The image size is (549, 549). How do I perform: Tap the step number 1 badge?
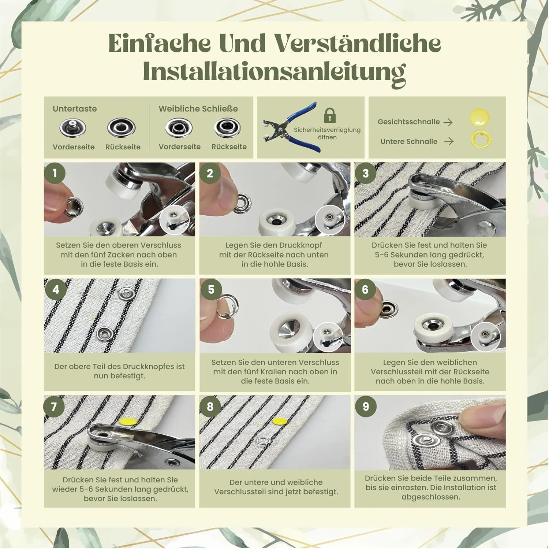[x=55, y=173]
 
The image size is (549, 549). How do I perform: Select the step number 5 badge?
[x=211, y=289]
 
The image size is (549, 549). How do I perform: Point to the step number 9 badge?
[x=366, y=406]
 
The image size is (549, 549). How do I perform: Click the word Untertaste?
[x=75, y=109]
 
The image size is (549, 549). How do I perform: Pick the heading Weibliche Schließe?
[x=198, y=109]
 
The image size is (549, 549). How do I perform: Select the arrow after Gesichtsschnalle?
[x=448, y=122]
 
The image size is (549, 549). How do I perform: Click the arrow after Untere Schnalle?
[x=449, y=141]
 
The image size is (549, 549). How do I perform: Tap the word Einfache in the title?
[x=160, y=43]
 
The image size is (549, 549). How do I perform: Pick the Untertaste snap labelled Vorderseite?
[x=73, y=128]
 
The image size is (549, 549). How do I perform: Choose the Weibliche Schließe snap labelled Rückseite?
[x=227, y=127]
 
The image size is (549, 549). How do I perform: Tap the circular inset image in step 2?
[x=330, y=220]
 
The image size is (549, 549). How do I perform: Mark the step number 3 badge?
[x=365, y=173]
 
